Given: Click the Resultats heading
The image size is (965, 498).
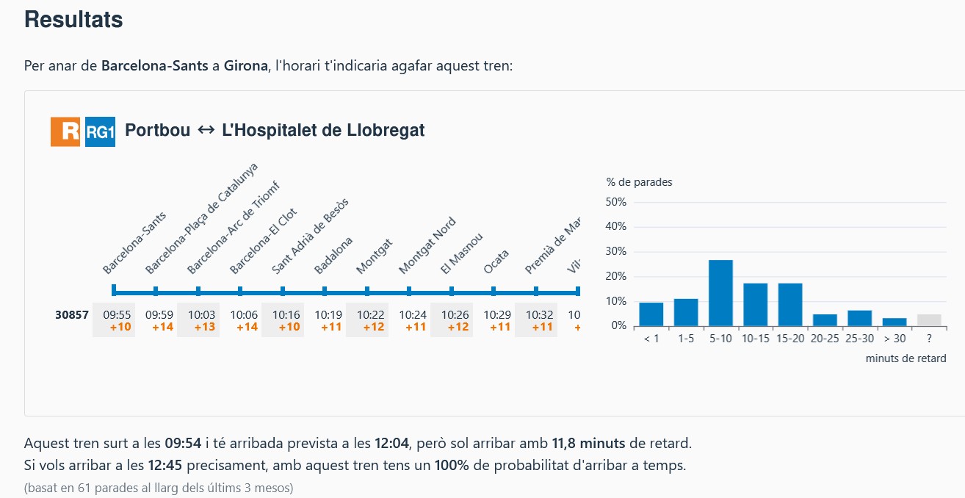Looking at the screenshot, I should click(x=73, y=20).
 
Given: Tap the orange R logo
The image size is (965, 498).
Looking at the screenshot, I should click(x=65, y=131).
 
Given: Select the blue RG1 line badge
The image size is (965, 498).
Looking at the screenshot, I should click(x=100, y=131).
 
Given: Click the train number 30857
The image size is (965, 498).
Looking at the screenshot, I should click(x=72, y=315).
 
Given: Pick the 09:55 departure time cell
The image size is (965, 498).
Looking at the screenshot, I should click(x=117, y=315).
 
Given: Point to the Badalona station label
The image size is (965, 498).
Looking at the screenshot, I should click(x=333, y=255).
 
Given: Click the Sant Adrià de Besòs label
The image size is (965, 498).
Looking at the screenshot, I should click(x=309, y=237).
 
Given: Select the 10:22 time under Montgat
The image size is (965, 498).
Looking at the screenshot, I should click(x=370, y=315).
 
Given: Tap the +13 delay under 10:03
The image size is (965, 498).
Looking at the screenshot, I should click(x=204, y=327).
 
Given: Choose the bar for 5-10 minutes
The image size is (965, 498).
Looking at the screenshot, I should click(x=720, y=292).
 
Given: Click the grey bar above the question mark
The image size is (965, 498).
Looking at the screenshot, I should click(x=929, y=320).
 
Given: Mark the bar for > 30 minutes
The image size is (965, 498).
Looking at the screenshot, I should click(x=894, y=322).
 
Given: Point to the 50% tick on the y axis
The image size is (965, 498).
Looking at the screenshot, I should click(x=616, y=202).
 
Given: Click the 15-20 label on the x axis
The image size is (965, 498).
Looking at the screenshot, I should click(x=790, y=339).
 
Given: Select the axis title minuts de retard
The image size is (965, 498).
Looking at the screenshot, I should click(x=906, y=358).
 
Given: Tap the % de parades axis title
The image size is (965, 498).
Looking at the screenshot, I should click(x=639, y=182).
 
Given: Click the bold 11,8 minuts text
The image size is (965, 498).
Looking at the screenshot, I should click(x=588, y=444).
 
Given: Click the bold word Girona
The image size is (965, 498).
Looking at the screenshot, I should click(x=245, y=65).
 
